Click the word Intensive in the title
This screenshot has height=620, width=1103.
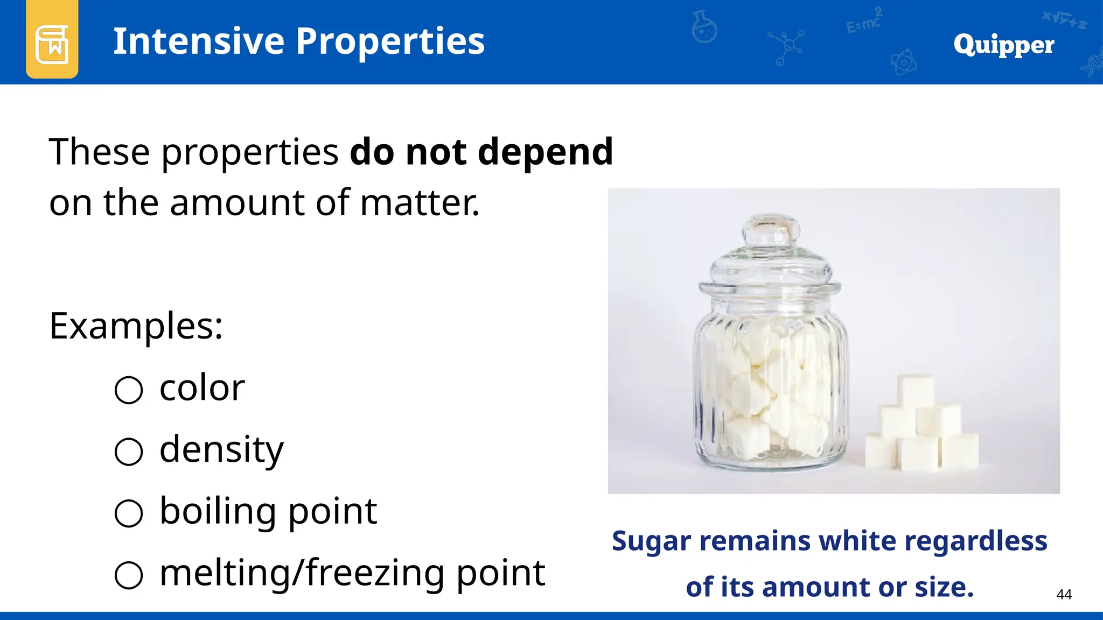(x=198, y=41)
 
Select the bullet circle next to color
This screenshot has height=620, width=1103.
(x=129, y=390)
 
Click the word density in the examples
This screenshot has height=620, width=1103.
(x=221, y=450)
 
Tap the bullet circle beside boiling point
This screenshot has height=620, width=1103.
(x=129, y=513)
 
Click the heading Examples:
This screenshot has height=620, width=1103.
(x=136, y=326)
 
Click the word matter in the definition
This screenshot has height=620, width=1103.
(x=419, y=203)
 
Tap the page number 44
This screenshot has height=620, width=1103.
(x=1064, y=594)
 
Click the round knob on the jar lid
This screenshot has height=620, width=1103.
(x=771, y=230)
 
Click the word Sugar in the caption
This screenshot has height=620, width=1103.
(x=651, y=541)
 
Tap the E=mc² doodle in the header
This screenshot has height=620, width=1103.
(x=864, y=22)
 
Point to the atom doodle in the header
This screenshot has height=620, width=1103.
(x=903, y=62)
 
